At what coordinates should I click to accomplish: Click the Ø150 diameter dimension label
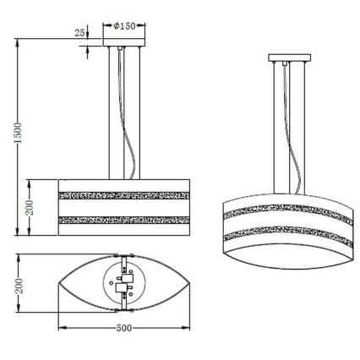[x=125, y=26]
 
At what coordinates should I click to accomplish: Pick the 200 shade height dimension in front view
[x=30, y=207]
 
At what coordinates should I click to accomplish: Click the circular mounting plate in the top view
[x=125, y=286]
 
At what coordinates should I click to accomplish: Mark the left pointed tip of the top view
[x=59, y=286]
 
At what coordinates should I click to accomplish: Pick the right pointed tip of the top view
[x=191, y=286]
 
